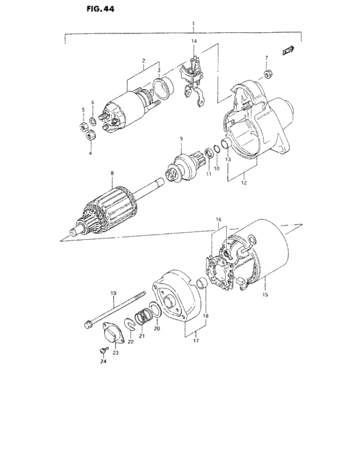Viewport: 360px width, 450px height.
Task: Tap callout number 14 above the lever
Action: pyautogui.click(x=193, y=42)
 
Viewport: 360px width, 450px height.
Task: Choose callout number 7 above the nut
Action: pyautogui.click(x=267, y=59)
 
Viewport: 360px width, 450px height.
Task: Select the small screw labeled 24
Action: pyautogui.click(x=100, y=350)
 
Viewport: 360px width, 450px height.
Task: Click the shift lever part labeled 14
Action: pyautogui.click(x=194, y=80)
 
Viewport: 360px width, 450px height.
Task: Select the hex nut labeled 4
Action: pyautogui.click(x=90, y=135)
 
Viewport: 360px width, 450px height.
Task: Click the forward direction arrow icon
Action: pyautogui.click(x=289, y=49)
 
